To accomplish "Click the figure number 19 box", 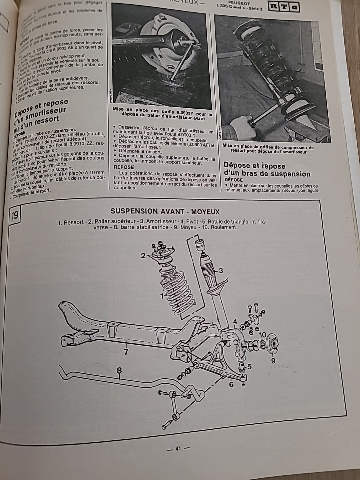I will [15, 215].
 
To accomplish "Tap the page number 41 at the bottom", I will [178, 449].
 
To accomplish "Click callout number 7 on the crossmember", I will [126, 352].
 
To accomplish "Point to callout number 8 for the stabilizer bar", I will [119, 370].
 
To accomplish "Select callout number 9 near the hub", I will [273, 360].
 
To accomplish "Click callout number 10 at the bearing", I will [262, 335].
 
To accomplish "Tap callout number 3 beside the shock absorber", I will [220, 270].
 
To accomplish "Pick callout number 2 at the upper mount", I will [143, 256].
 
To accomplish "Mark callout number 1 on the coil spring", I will [162, 295].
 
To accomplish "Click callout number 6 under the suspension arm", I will [231, 383].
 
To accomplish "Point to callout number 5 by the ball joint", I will [249, 367].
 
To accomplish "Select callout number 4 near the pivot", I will [235, 322].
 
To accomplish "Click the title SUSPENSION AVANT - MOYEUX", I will [165, 211].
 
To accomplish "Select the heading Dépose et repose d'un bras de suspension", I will [267, 170].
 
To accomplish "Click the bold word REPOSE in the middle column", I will [124, 167].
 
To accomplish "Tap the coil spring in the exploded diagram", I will [175, 287].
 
